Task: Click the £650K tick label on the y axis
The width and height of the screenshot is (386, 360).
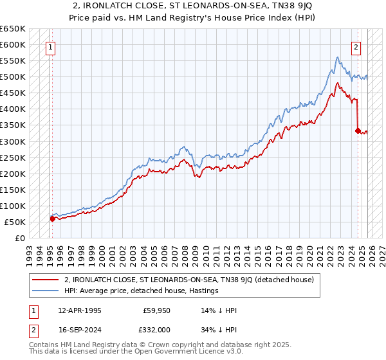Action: point(13,29)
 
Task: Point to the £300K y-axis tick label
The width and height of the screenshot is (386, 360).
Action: point(13,141)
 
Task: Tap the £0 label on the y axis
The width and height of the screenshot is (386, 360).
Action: point(20,238)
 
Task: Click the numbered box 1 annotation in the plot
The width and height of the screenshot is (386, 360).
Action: point(50,46)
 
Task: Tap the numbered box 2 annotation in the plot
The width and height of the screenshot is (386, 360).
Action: point(356,46)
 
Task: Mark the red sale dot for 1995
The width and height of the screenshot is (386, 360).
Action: point(52,219)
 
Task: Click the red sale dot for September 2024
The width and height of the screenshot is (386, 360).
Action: point(358,130)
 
